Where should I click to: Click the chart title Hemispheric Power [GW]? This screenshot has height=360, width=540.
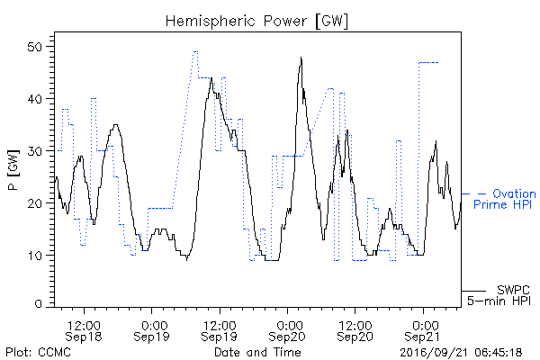coord(256,22)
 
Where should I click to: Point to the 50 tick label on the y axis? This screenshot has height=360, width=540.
coord(35,47)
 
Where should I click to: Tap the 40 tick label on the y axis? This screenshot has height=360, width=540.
coord(35,99)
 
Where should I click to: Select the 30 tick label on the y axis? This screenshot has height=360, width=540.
coord(35,151)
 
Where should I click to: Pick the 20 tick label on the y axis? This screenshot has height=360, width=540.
coord(35,203)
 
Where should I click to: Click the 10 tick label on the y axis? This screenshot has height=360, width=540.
coord(35,256)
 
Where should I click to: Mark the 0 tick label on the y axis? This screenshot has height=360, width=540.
coord(39,304)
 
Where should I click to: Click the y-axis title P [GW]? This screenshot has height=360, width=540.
coord(13,170)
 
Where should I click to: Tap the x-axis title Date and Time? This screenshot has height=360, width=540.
coord(257,352)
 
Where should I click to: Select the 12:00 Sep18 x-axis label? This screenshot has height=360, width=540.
coord(84,330)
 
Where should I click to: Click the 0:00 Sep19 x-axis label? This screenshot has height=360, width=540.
coord(151,330)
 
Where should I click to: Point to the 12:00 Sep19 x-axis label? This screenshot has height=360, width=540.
coord(220,330)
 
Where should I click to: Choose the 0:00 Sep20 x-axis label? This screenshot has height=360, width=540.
coord(287,330)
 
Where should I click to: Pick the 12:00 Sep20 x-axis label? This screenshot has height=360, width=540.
coord(355,330)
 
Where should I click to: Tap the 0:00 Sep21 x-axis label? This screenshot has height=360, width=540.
coord(423,330)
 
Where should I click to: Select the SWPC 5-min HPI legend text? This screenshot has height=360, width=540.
coord(499,295)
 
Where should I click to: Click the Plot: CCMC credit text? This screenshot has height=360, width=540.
coord(38,353)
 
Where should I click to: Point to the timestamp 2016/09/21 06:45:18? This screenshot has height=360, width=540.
coord(461,353)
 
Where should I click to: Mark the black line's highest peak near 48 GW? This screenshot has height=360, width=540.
coord(301,58)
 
